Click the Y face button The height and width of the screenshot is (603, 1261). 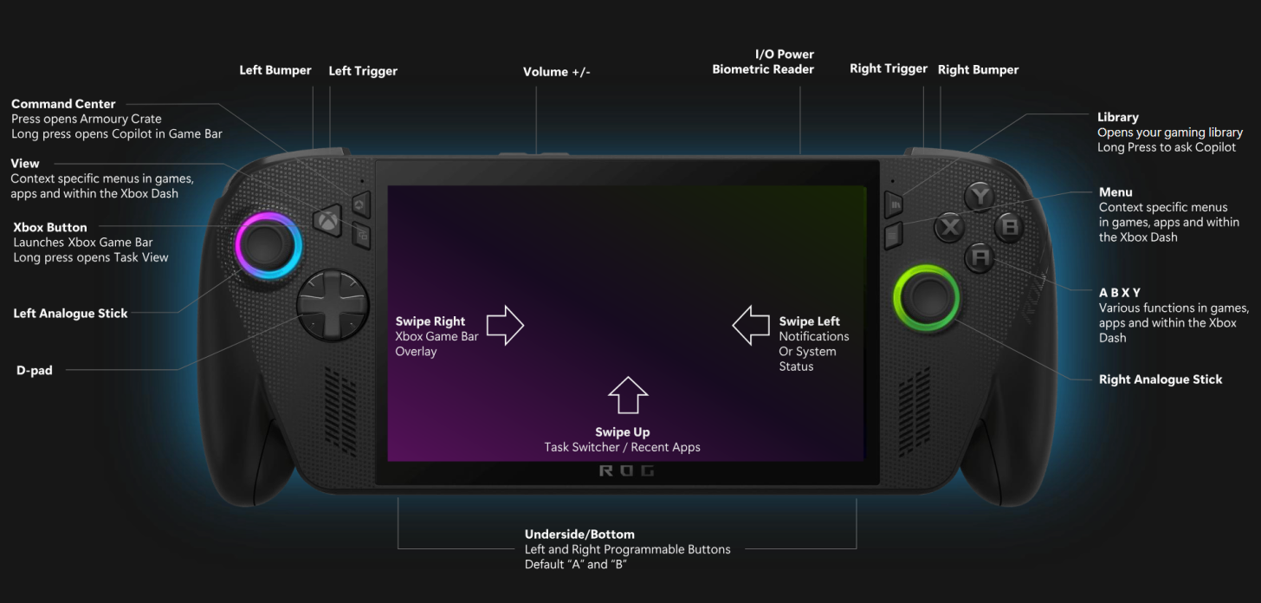[980, 197]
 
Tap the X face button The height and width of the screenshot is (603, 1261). [951, 228]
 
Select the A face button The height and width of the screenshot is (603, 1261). [980, 257]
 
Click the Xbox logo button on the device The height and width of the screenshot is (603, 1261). [328, 221]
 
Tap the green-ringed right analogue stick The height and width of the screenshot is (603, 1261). [927, 297]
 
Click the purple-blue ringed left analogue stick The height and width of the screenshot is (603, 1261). [269, 245]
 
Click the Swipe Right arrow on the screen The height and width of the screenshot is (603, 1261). [505, 326]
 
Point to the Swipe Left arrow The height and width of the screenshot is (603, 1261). [751, 325]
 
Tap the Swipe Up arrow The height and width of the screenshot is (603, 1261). [628, 395]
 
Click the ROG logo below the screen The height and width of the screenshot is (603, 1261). [627, 471]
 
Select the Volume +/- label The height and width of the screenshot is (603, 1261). [556, 73]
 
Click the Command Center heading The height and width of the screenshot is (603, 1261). [63, 104]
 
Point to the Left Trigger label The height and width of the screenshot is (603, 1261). [363, 71]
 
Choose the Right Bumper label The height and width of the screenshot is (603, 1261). [978, 70]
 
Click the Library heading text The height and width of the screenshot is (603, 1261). [1117, 117]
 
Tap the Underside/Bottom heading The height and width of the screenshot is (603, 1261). [579, 535]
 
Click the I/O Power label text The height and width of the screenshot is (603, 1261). [784, 55]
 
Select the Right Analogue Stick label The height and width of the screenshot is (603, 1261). [1161, 379]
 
